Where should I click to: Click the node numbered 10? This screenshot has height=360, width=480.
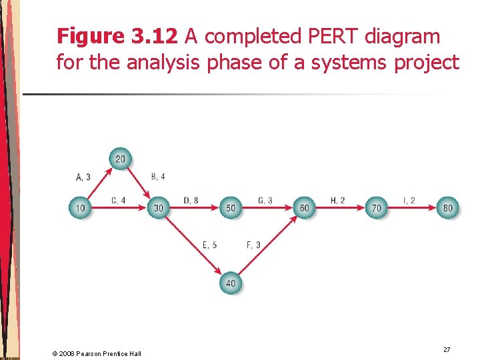(x=80, y=208)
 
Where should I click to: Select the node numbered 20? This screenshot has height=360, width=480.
(x=120, y=159)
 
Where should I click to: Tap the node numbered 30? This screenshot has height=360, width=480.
(x=158, y=208)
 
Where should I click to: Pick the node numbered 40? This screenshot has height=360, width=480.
(x=231, y=283)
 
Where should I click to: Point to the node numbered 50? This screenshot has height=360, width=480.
(x=231, y=208)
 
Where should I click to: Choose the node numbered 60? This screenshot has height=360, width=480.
(x=304, y=208)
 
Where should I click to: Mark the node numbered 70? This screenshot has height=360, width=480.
(x=377, y=208)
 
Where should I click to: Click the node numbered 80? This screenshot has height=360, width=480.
(x=447, y=208)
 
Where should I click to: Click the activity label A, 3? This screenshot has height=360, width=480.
(x=83, y=177)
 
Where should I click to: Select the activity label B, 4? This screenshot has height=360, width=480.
(x=158, y=177)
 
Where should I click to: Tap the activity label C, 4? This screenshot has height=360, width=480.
(x=118, y=201)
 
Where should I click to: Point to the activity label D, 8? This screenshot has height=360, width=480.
(x=191, y=201)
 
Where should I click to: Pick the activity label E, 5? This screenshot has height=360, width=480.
(x=209, y=245)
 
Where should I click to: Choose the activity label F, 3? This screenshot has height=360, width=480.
(x=253, y=245)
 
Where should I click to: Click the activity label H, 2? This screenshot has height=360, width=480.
(x=338, y=201)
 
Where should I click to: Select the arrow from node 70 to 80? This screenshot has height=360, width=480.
(x=412, y=208)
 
